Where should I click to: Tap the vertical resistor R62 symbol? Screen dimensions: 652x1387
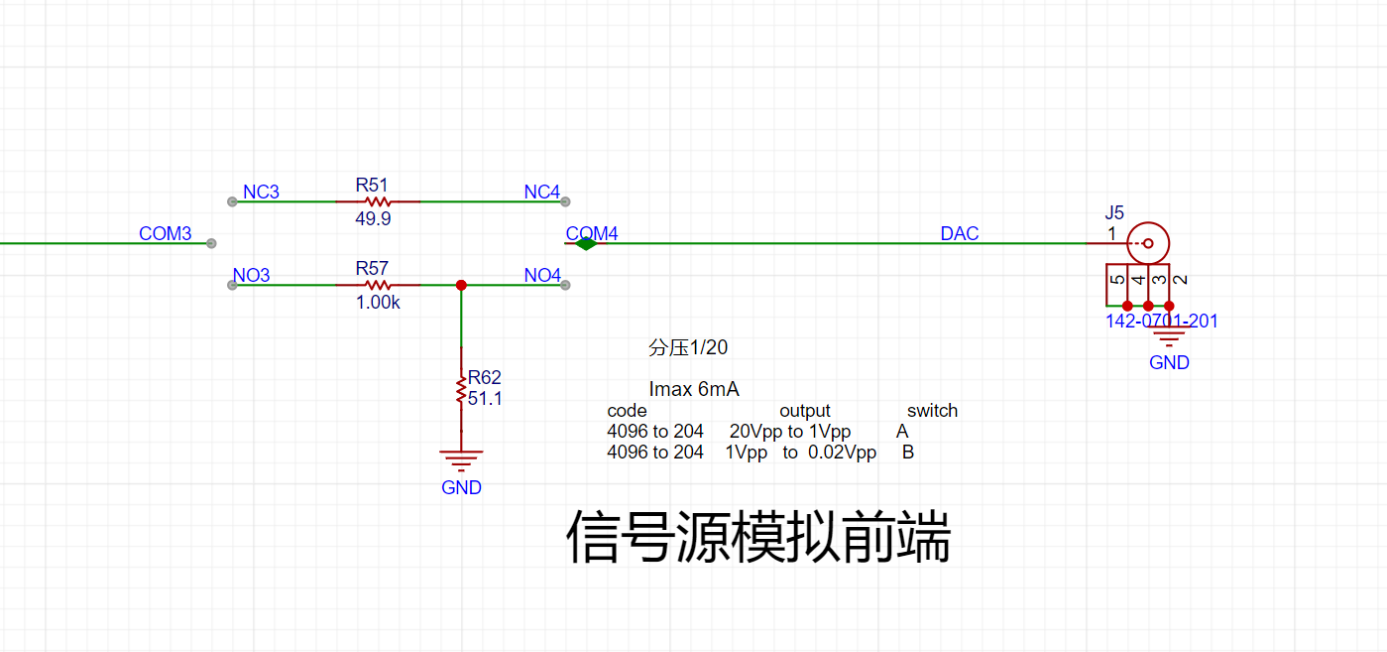point(461,389)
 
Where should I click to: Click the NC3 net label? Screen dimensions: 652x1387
point(261,192)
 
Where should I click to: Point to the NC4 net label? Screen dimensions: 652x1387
point(541,192)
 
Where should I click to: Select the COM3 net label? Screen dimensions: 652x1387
point(165,234)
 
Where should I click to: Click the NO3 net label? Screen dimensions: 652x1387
point(251,275)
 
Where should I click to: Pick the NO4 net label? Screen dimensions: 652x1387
point(541,275)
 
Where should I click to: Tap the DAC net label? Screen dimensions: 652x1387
point(959,234)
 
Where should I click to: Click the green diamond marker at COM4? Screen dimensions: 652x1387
point(586,243)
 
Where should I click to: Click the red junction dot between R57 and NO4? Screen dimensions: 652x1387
point(461,285)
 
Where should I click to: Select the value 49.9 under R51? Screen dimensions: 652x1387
point(373,219)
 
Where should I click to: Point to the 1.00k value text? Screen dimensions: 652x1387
point(378,303)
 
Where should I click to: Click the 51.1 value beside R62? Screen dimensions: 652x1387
point(485,398)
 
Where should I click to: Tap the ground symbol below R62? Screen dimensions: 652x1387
point(461,459)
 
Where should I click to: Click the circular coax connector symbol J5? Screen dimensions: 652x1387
point(1149,243)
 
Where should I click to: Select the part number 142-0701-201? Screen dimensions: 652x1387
point(1162,321)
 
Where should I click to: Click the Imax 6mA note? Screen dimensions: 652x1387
point(694,390)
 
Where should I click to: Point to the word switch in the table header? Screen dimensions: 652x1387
point(932,411)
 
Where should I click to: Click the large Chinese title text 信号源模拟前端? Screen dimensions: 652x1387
point(758,538)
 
